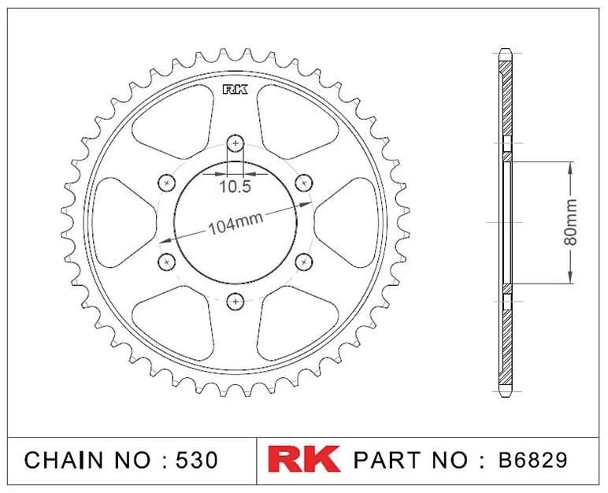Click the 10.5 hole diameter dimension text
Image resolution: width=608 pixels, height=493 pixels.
tap(235, 187)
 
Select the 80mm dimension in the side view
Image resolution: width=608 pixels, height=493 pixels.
tap(570, 222)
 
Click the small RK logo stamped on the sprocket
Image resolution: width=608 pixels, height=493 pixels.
tap(235, 90)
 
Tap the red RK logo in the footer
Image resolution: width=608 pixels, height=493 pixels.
tap(304, 459)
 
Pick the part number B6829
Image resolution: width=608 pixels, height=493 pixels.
tap(532, 460)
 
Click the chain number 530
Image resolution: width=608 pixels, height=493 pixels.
tap(197, 460)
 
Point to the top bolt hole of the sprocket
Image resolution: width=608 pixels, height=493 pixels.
tap(235, 144)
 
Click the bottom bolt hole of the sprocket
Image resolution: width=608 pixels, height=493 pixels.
tap(235, 301)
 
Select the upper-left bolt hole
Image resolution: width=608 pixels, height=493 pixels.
tap(167, 183)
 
